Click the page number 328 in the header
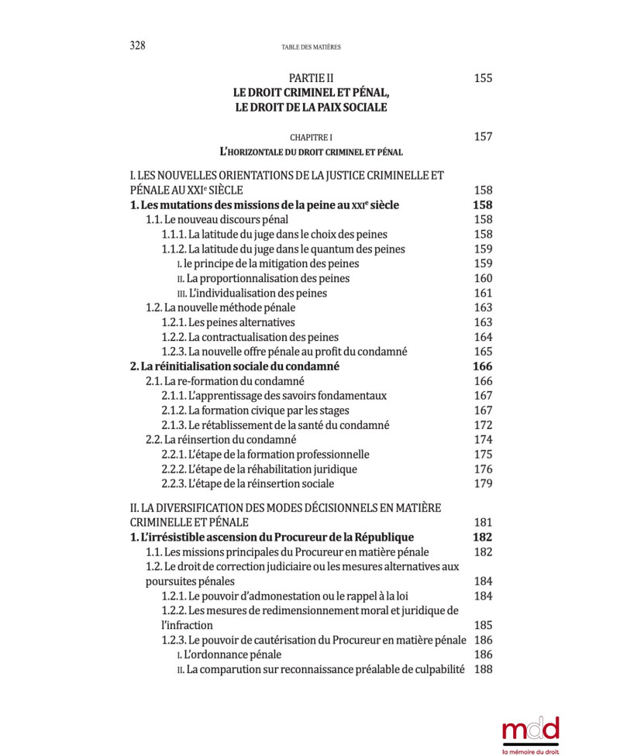[x=137, y=45]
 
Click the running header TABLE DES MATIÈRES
[x=311, y=47]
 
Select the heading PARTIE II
[x=311, y=78]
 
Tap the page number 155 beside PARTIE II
[x=483, y=78]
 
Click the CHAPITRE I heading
[x=311, y=137]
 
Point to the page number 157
[x=483, y=137]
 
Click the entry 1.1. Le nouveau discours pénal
[x=207, y=220]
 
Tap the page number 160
[x=483, y=279]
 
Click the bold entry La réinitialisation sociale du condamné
[x=235, y=366]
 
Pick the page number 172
[x=483, y=425]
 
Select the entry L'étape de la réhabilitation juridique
[x=259, y=469]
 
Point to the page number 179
[x=483, y=484]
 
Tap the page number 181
[x=483, y=523]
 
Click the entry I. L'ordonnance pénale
[x=229, y=655]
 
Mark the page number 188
[x=483, y=669]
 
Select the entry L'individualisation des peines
[x=252, y=294]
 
